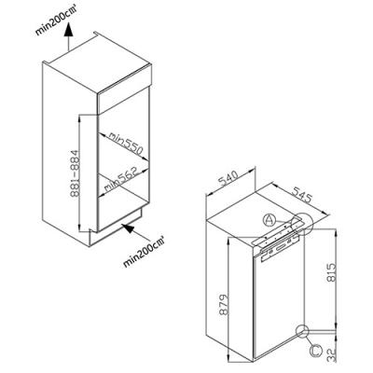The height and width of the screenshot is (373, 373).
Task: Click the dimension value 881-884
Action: (75, 173)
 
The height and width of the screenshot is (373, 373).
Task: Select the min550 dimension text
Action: (126, 145)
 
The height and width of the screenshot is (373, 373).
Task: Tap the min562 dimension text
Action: (120, 181)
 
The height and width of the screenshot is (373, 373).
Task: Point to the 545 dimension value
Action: (301, 195)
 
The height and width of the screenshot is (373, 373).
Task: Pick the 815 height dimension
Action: (331, 272)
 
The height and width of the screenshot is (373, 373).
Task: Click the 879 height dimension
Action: (224, 305)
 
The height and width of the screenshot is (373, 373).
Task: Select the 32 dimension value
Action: (332, 354)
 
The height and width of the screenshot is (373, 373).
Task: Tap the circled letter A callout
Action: (269, 220)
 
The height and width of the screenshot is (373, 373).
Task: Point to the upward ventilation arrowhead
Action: (68, 30)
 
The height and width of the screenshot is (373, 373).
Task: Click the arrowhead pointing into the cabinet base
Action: (129, 228)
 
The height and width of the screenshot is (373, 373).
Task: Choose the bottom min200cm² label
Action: (144, 251)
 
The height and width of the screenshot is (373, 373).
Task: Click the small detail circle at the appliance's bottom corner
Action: (303, 331)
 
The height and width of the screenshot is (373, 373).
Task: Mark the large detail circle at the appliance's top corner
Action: (300, 224)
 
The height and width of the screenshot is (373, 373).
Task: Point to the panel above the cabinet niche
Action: (124, 100)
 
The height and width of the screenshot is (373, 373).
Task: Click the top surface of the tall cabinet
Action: (97, 62)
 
